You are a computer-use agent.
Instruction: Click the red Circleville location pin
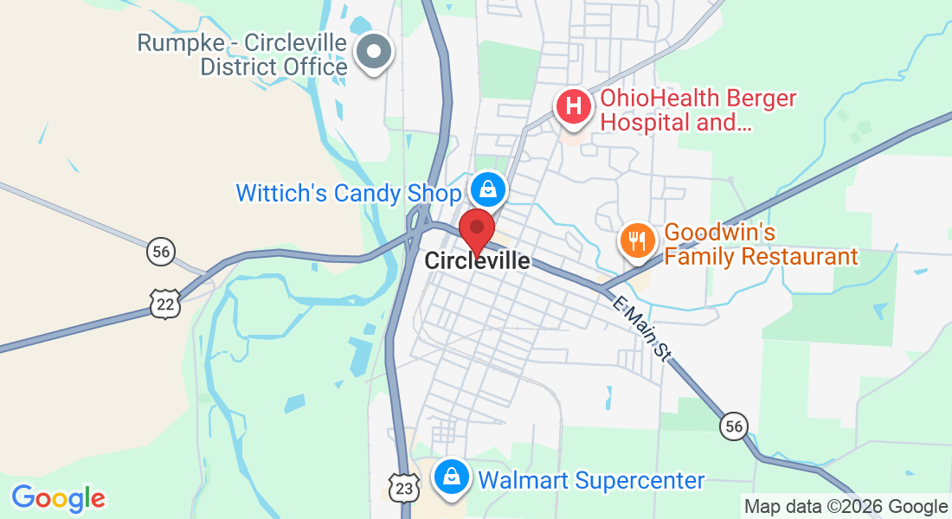pos(476,229)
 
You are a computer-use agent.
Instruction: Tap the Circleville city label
pos(477,260)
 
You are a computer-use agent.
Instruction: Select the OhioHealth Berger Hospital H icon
pos(573,108)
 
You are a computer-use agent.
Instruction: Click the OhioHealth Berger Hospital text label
pos(698,110)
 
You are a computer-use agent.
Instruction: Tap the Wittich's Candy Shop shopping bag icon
pos(488,188)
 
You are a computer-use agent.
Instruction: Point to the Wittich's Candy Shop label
pos(349,193)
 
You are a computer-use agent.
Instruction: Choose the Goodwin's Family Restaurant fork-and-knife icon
pos(639,240)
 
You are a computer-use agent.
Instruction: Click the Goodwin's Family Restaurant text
pos(761,245)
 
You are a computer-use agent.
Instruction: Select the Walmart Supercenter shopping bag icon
pos(451,476)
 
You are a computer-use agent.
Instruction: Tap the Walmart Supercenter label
pos(591,480)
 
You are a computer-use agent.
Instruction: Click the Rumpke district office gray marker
pos(375,52)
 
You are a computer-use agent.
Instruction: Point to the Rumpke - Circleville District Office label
pos(242,54)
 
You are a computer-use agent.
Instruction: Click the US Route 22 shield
pos(164,304)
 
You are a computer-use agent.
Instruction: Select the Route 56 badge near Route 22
pos(161,252)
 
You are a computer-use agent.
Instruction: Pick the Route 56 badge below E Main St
pos(734,426)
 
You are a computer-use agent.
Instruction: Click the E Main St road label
pos(641,329)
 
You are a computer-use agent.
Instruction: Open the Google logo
pos(59,498)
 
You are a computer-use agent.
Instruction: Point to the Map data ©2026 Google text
pos(846,507)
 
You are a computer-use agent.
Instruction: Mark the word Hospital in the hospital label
pos(642,122)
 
